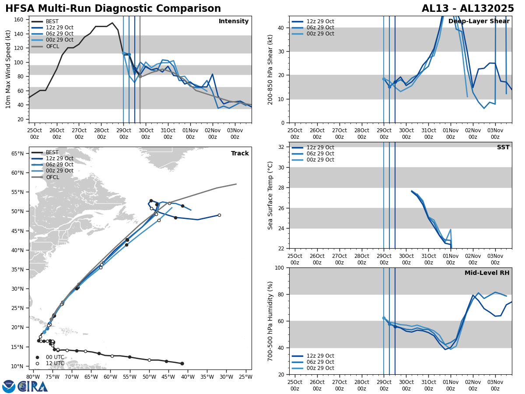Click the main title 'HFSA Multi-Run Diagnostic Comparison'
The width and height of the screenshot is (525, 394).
click(x=113, y=9)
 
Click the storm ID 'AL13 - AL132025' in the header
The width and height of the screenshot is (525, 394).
click(x=468, y=9)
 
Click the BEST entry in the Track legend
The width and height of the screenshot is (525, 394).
click(x=52, y=152)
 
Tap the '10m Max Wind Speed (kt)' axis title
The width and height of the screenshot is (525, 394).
click(x=8, y=69)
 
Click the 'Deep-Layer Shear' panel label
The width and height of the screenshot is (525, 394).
click(x=479, y=21)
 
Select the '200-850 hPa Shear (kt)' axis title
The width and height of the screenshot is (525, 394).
click(x=270, y=69)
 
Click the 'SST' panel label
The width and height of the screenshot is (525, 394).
click(x=503, y=148)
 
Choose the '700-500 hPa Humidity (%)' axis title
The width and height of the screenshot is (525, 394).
click(x=270, y=321)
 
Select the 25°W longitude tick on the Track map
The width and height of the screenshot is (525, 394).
click(x=245, y=376)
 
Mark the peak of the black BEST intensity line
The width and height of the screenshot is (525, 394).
click(x=112, y=23)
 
